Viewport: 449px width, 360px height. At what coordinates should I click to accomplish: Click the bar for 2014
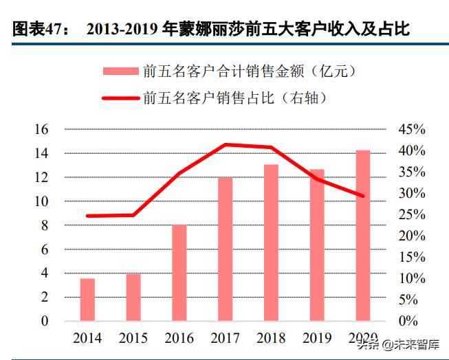point(87,300)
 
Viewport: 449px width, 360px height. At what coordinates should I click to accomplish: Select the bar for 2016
point(179,273)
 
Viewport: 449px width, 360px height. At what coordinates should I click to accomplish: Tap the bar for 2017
point(226,249)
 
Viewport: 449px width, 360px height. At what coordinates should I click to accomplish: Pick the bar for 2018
point(271,243)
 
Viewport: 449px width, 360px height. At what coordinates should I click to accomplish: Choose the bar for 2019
point(317,245)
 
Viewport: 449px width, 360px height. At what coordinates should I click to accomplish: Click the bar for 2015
point(133,297)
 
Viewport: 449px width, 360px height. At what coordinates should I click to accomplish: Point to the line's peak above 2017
point(226,144)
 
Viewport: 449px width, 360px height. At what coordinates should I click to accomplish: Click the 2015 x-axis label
point(133,339)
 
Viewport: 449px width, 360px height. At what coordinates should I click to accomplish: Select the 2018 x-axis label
point(271,339)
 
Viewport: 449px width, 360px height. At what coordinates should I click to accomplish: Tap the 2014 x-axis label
point(87,339)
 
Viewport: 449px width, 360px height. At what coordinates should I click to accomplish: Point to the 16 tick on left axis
point(41,130)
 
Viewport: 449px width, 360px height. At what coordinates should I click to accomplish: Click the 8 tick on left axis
point(45,225)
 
